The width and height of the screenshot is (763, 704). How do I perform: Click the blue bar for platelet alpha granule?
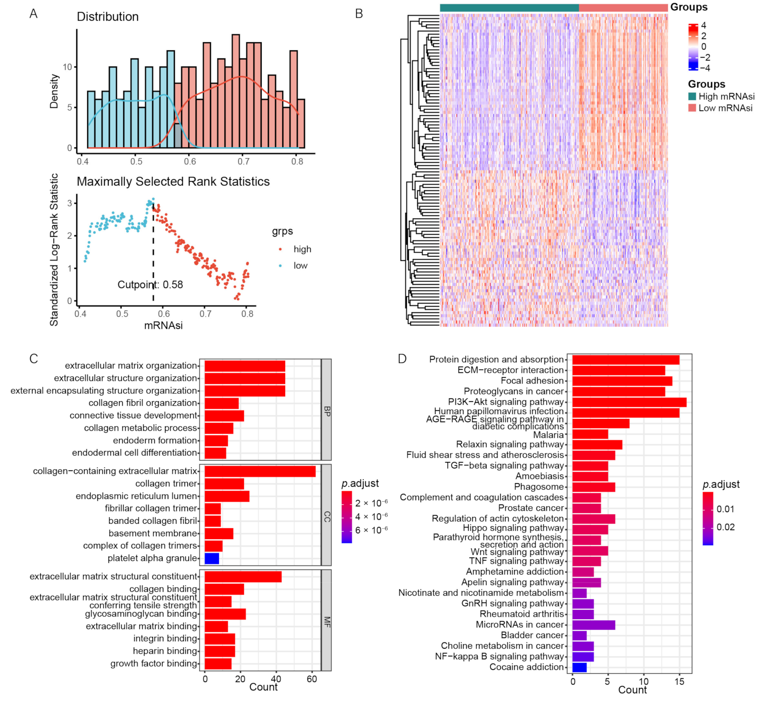click(212, 558)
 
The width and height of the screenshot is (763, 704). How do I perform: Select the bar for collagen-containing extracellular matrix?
click(260, 472)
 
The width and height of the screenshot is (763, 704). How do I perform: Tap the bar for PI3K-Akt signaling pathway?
click(629, 402)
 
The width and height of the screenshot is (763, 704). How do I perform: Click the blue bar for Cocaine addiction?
click(579, 667)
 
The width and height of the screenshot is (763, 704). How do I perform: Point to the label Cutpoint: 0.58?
click(150, 285)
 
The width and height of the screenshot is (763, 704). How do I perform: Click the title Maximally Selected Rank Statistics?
click(173, 182)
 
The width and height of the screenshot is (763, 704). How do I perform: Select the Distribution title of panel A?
click(108, 17)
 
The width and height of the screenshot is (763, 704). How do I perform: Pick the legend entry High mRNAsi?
click(726, 96)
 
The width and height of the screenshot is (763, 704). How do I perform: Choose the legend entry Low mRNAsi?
click(725, 108)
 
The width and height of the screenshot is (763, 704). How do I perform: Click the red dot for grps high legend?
click(280, 249)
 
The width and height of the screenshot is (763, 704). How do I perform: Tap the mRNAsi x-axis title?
click(163, 326)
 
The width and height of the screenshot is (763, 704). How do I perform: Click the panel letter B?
click(359, 13)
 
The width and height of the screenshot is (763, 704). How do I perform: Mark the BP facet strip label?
click(326, 411)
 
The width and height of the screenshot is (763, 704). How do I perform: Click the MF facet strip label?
click(326, 622)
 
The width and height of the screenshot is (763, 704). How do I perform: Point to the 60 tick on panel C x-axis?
click(312, 679)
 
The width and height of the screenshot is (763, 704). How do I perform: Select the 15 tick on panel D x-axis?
click(679, 681)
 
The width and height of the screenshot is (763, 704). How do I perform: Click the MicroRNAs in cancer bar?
click(593, 625)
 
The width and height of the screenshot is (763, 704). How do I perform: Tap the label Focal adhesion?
click(532, 381)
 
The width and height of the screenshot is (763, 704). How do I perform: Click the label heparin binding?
click(165, 651)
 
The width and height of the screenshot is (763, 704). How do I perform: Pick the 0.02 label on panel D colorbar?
click(726, 527)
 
